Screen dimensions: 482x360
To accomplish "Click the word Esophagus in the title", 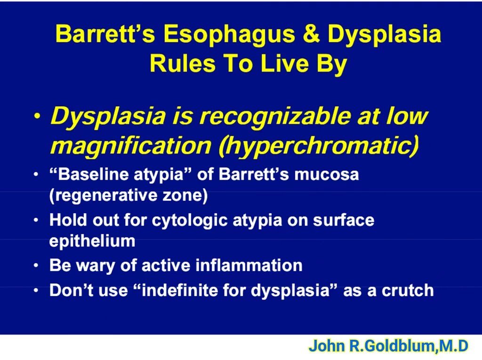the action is click(x=229, y=35).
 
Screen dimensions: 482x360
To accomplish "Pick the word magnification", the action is click(x=131, y=146).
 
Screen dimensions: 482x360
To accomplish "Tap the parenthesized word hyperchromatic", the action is click(x=319, y=146).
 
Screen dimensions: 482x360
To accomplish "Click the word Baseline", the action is click(x=93, y=175).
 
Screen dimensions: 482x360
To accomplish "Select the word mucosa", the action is click(x=327, y=175).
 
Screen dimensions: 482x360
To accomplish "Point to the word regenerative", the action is click(x=104, y=196).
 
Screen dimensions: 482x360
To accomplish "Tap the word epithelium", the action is click(x=92, y=241).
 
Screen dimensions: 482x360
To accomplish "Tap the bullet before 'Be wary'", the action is click(x=36, y=265).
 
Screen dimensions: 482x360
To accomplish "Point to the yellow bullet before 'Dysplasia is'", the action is click(x=37, y=116).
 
